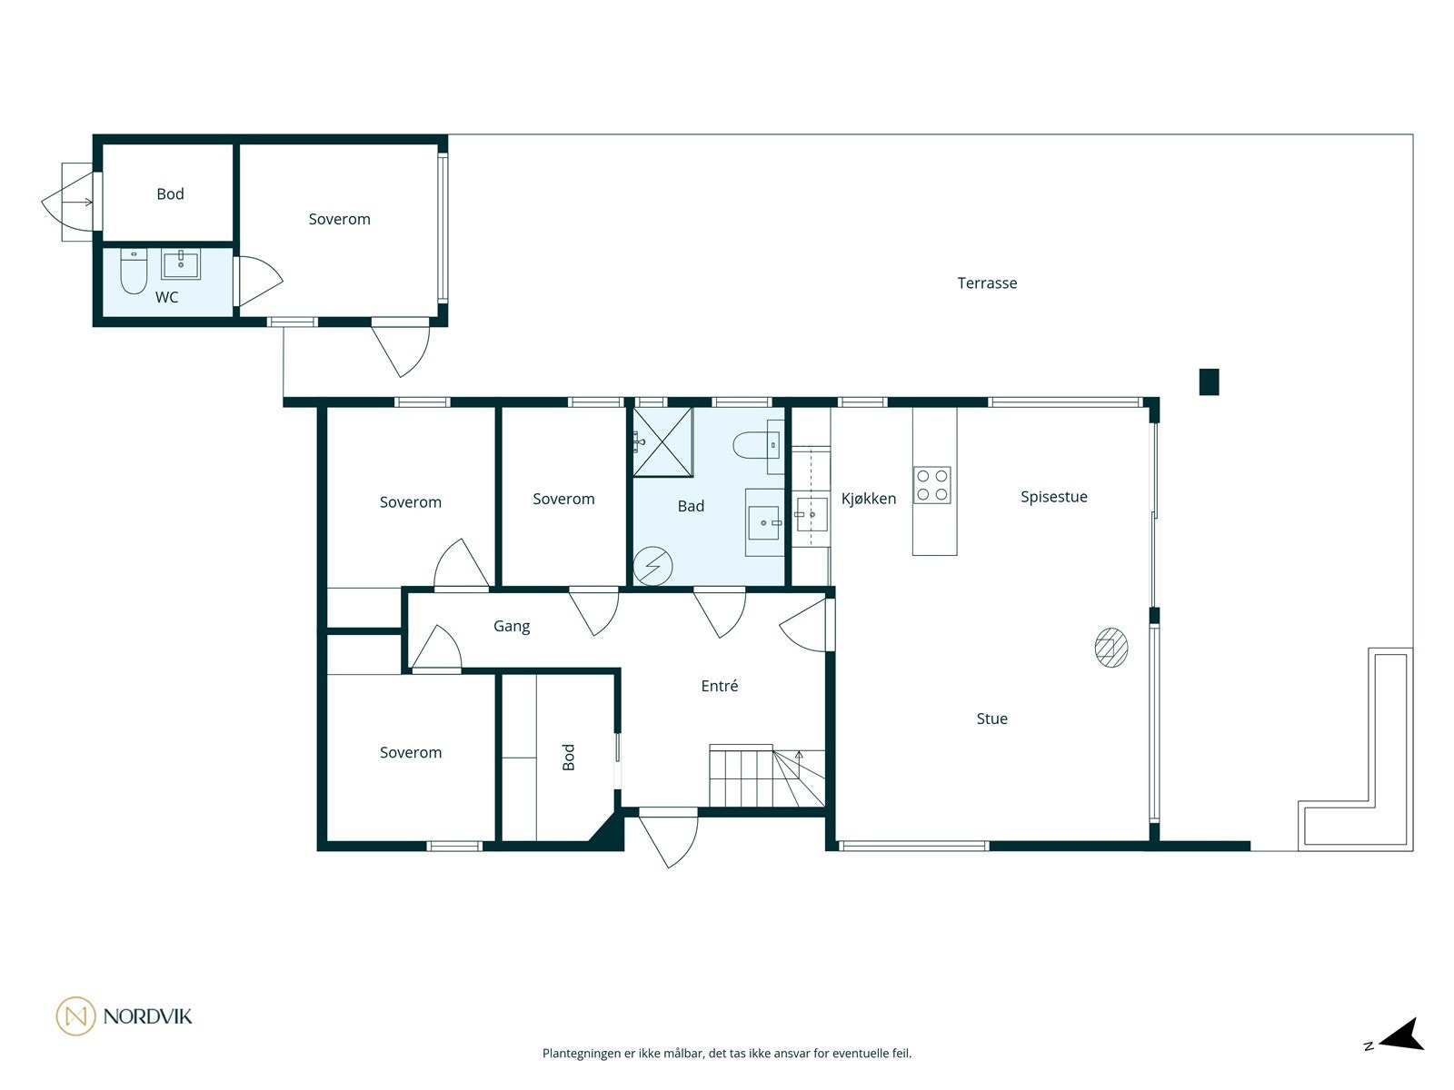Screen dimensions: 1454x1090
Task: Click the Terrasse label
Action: point(986,282)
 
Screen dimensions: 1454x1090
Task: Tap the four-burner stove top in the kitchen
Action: point(932,485)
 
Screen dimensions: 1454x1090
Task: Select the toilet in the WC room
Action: point(134,272)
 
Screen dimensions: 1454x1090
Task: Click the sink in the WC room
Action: point(181,264)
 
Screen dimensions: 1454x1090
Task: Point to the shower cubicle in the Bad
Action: point(663,441)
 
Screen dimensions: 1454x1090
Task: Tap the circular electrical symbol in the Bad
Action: point(652,567)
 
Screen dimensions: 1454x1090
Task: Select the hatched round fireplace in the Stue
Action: point(1110,648)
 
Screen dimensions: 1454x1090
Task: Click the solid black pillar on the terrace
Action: point(1209,381)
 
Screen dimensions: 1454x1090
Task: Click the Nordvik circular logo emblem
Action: point(75,1016)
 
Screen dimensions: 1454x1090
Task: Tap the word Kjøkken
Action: point(869,499)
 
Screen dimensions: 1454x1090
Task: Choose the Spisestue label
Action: point(1054,496)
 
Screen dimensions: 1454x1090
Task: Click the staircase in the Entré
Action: point(766,776)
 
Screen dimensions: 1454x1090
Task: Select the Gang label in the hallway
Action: point(512,626)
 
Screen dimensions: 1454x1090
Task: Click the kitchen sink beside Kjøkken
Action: point(812,514)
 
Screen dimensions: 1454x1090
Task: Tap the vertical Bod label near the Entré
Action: point(568,758)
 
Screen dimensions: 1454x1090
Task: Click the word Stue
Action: point(991,718)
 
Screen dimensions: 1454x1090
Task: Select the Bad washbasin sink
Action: point(764,523)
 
